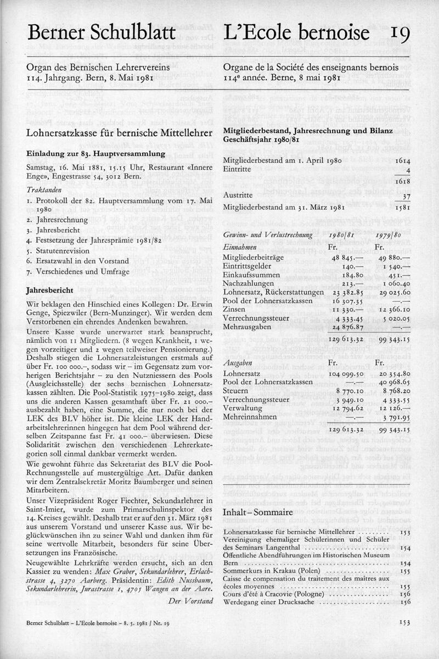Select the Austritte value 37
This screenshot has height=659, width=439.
click(406, 195)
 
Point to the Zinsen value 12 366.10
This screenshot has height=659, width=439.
click(395, 310)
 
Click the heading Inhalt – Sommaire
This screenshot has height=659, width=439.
click(257, 513)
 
